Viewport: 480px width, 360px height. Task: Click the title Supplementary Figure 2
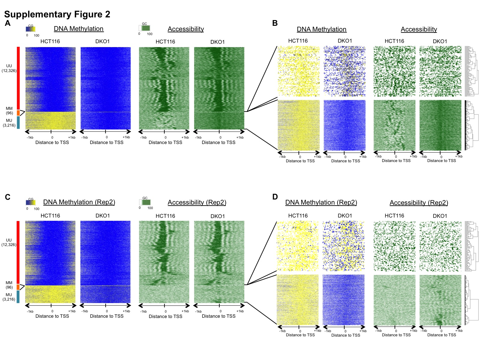pos(57,14)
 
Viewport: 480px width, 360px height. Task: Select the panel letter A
pos(7,23)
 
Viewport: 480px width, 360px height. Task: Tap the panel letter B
pos(275,23)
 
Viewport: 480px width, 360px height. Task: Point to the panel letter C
pos(7,197)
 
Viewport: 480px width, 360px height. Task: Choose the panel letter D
pos(275,197)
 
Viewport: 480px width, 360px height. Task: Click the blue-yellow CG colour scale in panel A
pos(30,29)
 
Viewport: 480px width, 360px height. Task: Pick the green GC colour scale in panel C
pos(145,202)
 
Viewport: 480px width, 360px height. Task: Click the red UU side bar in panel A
pos(18,78)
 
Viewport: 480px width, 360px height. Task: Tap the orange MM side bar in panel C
pos(18,287)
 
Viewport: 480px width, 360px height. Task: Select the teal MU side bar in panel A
pos(18,122)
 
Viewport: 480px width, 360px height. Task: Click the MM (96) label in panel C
pos(9,285)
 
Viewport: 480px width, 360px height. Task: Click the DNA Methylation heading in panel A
pos(79,29)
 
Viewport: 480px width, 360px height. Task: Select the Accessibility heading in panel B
pos(419,29)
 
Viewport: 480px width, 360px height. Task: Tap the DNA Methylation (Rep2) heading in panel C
pos(79,202)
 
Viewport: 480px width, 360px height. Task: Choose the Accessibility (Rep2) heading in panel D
pos(419,203)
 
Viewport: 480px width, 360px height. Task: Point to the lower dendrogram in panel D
pos(471,300)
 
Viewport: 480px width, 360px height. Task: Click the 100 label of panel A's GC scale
pos(150,34)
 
